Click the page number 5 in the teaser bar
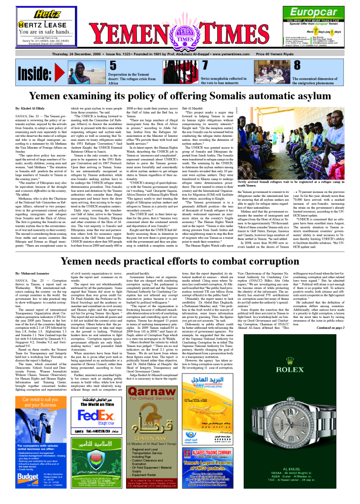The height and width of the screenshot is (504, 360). [113, 66]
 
